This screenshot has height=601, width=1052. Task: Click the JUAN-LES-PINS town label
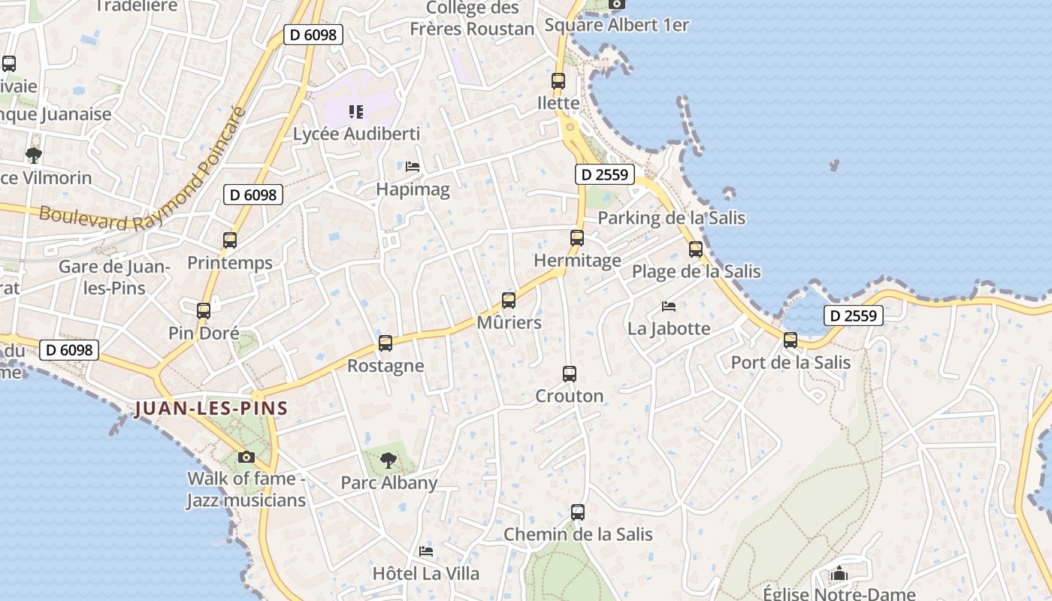coord(211,409)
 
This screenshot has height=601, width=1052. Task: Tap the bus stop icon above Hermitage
coord(577,238)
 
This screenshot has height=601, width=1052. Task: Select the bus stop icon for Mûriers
coord(509,300)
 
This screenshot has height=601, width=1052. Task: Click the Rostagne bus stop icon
coord(385,343)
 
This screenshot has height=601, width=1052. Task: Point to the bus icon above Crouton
coord(570,373)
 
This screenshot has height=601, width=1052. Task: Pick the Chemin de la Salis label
coord(578,535)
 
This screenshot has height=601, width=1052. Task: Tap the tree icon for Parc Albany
coord(388,460)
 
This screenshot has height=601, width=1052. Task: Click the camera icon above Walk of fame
coord(246,457)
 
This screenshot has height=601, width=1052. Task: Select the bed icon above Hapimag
coord(413,166)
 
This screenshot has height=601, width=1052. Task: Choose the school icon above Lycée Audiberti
coord(356,112)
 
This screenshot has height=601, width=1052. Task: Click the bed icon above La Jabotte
coord(669,306)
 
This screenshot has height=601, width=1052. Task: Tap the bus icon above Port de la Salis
coord(791,340)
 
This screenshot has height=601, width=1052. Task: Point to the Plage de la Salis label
coord(696,271)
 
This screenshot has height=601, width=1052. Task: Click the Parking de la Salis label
coord(671,218)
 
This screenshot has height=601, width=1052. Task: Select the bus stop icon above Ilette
coord(558,81)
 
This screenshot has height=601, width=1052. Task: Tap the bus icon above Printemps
coord(230,240)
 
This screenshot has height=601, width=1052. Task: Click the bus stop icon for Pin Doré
coord(204,310)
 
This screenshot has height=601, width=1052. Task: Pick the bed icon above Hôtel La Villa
coord(426,551)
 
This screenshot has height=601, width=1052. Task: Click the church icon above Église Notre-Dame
coord(839,575)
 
